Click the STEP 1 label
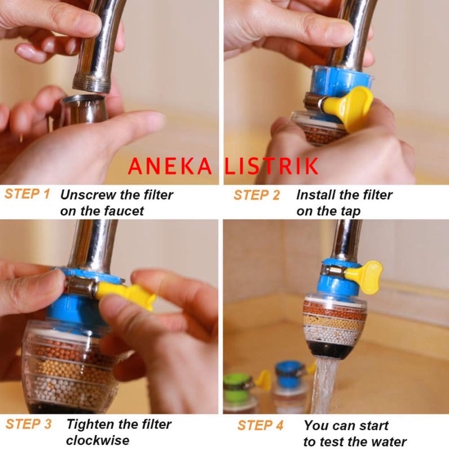point(27,194)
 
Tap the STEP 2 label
point(256,195)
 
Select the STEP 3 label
point(29,424)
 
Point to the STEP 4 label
point(260,425)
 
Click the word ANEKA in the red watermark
point(170,166)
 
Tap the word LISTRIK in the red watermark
point(271,166)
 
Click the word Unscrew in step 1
point(88,195)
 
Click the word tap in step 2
point(350,212)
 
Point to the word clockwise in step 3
point(98,441)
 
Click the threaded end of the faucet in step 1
point(91,83)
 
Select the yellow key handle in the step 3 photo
point(126,294)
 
